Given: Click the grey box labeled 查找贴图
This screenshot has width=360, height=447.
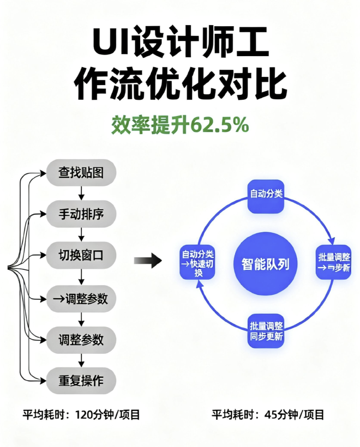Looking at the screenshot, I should [x=81, y=172].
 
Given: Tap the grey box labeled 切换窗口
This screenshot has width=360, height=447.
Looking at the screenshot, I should [x=81, y=255].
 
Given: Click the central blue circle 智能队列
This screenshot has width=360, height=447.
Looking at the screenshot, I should [x=266, y=264].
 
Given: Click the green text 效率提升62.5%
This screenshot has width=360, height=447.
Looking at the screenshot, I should [x=180, y=125].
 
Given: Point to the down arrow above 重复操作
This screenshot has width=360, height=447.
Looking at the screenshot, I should [x=81, y=360].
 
